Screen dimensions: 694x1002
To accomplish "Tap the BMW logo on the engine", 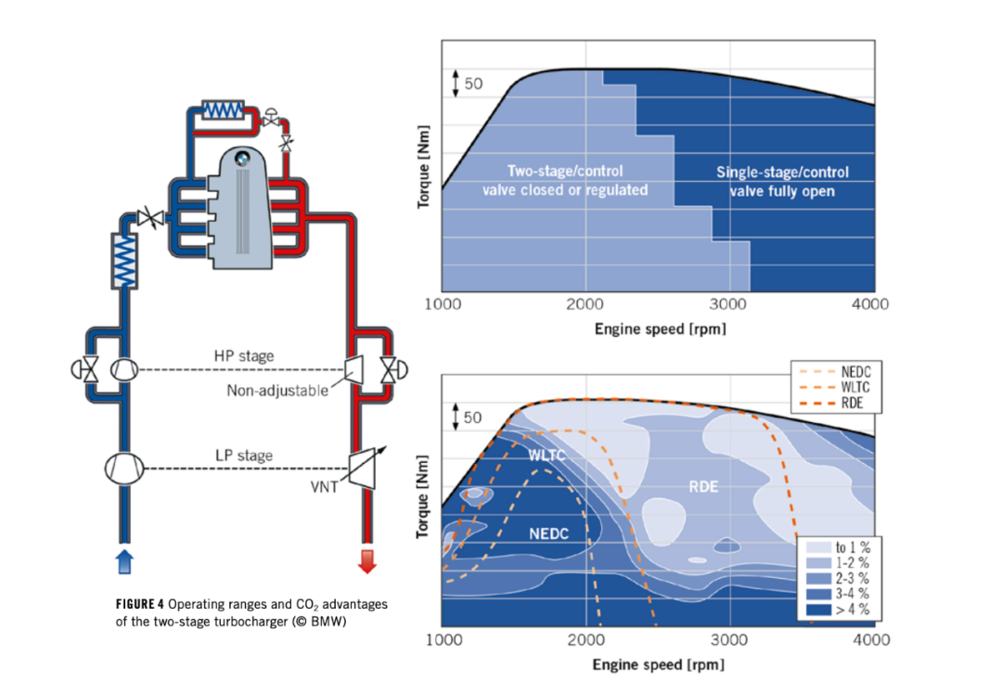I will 242,159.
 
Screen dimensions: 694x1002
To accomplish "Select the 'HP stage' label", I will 244,355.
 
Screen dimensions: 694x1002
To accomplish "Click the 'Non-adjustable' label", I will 277,391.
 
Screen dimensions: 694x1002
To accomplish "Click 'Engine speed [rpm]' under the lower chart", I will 658,664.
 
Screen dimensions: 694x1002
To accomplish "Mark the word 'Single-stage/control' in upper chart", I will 782,173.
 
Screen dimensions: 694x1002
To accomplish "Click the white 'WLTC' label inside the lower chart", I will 547,456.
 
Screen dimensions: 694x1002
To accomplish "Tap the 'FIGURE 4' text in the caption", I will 140,604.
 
